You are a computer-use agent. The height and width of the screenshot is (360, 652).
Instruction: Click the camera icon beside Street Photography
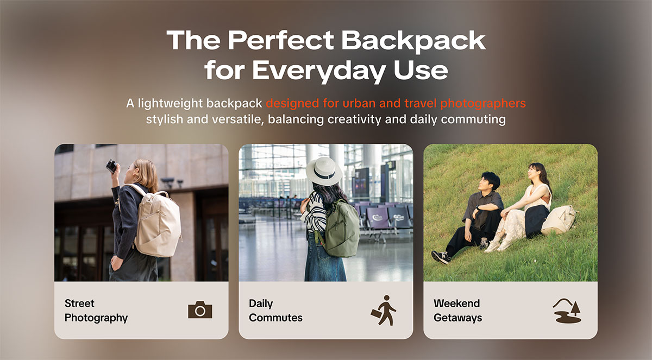tap(200, 310)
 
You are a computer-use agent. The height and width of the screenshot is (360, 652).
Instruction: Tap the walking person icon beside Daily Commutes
tap(384, 310)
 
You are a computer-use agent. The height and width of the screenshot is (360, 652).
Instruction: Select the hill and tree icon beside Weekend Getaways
tap(567, 311)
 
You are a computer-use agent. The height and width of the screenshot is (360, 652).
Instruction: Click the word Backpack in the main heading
tap(413, 41)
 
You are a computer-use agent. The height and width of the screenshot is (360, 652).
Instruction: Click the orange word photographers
tap(483, 104)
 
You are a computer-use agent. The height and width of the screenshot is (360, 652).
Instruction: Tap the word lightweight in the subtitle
tap(170, 104)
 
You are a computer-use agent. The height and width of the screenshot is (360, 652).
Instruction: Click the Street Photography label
tap(96, 311)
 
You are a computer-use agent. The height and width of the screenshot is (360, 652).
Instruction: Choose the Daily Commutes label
tap(275, 311)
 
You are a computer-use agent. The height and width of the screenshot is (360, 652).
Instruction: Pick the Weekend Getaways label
tap(458, 311)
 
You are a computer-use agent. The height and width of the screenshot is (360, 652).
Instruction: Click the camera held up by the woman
tap(112, 166)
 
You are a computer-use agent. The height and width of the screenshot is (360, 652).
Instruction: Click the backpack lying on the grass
tap(559, 219)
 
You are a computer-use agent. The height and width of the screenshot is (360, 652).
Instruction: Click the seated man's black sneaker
tap(441, 257)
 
